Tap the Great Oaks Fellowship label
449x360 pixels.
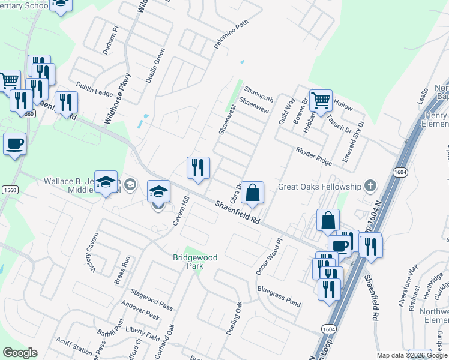tap(318, 187)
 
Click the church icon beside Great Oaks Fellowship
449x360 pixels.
tap(370, 187)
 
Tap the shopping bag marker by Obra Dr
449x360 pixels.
tap(253, 193)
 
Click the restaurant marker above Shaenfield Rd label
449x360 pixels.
tap(198, 168)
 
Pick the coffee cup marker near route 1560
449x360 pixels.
tap(14, 144)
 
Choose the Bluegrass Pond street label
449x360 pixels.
tap(279, 296)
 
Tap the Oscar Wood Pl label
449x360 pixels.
tap(268, 257)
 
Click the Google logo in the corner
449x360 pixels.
tap(20, 353)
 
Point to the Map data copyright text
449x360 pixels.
tap(411, 355)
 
